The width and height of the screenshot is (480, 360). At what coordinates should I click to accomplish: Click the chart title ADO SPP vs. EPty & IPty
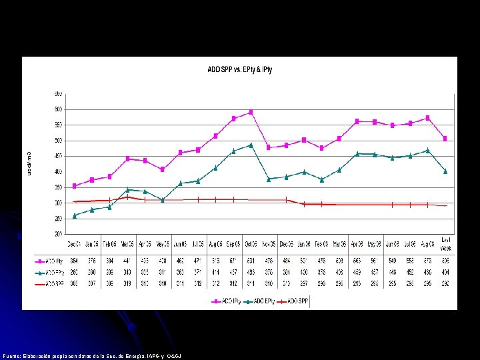(x=240, y=69)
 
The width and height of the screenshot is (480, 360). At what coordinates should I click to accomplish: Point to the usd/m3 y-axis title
(x=29, y=163)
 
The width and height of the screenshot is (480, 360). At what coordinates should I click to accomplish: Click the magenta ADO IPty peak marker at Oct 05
(x=251, y=112)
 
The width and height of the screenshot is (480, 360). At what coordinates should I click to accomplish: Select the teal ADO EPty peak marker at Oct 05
(x=251, y=145)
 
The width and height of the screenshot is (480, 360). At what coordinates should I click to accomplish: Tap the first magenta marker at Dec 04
(x=75, y=185)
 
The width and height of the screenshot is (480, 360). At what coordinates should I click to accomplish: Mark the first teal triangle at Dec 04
(x=75, y=215)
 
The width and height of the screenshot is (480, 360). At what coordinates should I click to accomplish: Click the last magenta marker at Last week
(x=445, y=138)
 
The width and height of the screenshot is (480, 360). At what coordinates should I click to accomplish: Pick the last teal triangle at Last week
(x=445, y=171)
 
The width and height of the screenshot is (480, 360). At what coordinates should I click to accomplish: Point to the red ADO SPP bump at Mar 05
(x=127, y=197)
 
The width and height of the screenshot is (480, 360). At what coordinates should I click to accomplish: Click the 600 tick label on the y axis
(x=58, y=109)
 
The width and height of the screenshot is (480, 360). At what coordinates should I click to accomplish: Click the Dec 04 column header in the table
(x=75, y=242)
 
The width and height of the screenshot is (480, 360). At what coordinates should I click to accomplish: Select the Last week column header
(x=445, y=243)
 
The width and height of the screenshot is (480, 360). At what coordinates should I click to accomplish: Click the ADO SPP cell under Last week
(x=445, y=283)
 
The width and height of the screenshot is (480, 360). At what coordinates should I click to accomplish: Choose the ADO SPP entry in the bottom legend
(x=298, y=301)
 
